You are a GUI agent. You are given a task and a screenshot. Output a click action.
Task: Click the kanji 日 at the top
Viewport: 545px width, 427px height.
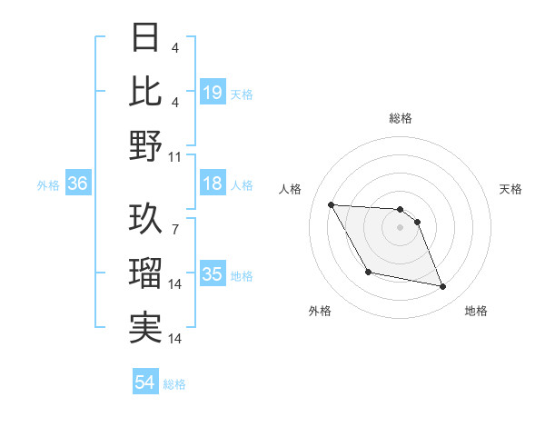point(145,37)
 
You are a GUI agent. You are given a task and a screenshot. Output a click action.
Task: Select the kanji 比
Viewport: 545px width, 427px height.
point(145,91)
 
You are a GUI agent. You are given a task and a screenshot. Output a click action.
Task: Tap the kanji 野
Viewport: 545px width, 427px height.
point(145,145)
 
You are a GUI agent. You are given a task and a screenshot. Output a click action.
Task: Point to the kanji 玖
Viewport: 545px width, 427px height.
point(145,221)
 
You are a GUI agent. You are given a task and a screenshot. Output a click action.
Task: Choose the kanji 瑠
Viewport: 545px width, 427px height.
point(145,274)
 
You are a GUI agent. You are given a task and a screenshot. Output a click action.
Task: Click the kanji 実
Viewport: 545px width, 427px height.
point(145,328)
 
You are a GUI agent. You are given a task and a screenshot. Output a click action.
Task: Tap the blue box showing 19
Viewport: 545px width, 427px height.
point(213,92)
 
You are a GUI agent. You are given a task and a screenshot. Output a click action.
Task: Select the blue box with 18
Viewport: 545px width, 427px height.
point(213,184)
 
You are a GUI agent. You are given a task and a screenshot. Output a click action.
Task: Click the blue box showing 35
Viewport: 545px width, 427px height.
point(213,274)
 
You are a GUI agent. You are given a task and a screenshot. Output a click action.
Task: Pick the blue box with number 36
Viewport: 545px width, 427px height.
point(78,184)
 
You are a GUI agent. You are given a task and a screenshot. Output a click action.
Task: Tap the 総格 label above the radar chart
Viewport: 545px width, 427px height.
point(401,118)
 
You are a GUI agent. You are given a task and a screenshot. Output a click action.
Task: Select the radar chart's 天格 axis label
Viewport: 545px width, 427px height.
point(510,189)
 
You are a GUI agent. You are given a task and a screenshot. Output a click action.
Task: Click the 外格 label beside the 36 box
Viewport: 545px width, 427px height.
point(48,184)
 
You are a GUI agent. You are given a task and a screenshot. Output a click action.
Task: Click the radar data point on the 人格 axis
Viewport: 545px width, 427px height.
point(331,204)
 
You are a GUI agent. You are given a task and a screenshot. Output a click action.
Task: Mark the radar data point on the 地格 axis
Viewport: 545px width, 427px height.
point(443,287)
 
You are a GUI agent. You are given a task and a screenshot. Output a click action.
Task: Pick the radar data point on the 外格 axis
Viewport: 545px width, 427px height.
point(368,272)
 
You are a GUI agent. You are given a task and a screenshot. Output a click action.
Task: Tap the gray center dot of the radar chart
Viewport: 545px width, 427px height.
point(401,228)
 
